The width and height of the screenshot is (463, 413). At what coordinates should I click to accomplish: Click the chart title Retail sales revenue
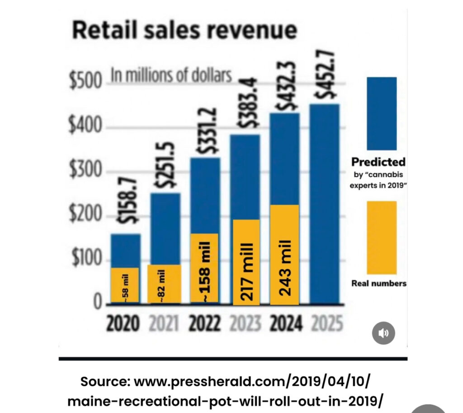click(184, 31)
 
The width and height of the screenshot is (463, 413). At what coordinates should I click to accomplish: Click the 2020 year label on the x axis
click(123, 324)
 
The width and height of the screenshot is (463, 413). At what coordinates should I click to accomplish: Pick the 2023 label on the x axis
click(246, 324)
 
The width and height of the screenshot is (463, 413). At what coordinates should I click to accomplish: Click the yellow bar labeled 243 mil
click(284, 254)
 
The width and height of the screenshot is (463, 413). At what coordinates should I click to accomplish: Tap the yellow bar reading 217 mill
click(246, 262)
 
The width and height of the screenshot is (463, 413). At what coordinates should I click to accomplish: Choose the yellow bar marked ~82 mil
click(164, 283)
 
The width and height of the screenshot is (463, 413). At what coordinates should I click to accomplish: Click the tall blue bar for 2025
click(324, 203)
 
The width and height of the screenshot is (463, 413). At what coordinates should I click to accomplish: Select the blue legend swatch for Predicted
click(381, 113)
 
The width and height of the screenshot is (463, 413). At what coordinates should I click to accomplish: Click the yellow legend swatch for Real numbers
click(381, 237)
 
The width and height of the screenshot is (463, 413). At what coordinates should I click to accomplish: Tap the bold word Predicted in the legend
click(378, 162)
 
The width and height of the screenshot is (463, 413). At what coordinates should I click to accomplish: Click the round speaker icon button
click(383, 333)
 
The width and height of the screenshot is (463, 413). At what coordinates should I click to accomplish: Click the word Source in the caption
click(105, 381)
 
